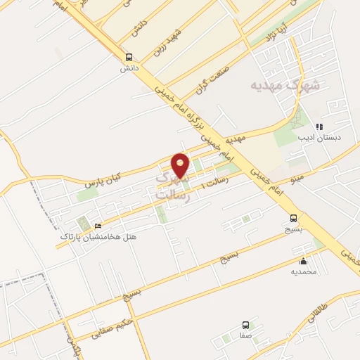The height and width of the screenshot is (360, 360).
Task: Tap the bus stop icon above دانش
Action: point(128,58)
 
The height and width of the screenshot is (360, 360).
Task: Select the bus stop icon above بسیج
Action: point(294,218)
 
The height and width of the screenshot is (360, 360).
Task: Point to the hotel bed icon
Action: point(98,226)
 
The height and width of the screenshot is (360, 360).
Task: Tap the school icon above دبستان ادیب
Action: point(319,127)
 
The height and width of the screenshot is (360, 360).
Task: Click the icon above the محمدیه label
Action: point(303,262)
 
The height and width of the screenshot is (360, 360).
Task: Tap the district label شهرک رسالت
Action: point(172,187)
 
